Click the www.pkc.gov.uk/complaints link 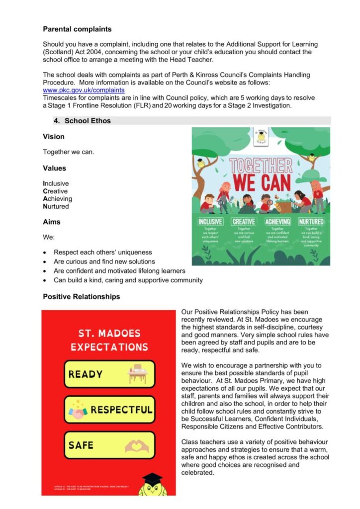(x=84, y=90)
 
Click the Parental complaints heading (x=77, y=29)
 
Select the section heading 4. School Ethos (x=88, y=121)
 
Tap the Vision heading (x=54, y=137)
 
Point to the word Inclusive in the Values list (x=56, y=183)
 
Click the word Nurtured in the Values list (x=56, y=206)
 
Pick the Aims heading (x=52, y=222)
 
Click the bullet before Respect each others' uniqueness (x=46, y=253)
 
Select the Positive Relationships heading (x=81, y=297)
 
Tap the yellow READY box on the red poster (x=109, y=374)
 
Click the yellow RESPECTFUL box (x=109, y=410)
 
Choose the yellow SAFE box (x=109, y=445)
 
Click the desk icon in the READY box (x=136, y=374)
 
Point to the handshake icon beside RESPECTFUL (x=78, y=410)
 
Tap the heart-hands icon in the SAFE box (x=137, y=445)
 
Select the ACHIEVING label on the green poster (x=277, y=222)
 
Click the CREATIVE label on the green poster (x=244, y=222)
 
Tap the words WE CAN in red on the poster (x=261, y=182)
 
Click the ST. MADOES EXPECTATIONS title (x=109, y=340)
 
